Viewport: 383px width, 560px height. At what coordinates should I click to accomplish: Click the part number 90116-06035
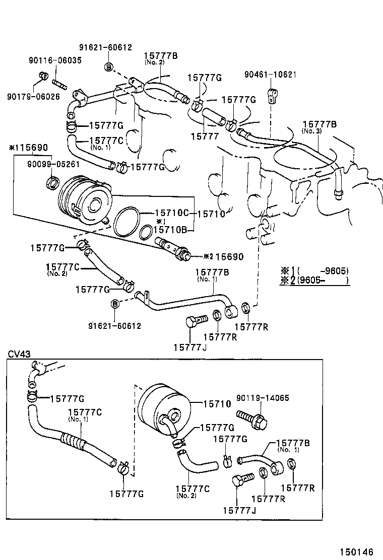tap(54, 60)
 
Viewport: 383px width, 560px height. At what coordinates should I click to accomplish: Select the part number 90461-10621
tap(271, 75)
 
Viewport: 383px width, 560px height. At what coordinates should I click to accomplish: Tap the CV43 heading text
tap(19, 354)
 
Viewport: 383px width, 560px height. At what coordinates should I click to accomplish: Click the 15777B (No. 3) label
tap(320, 124)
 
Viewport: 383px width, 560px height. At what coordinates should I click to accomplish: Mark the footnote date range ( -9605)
tap(324, 270)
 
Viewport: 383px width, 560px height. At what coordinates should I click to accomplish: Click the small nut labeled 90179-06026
tap(43, 77)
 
